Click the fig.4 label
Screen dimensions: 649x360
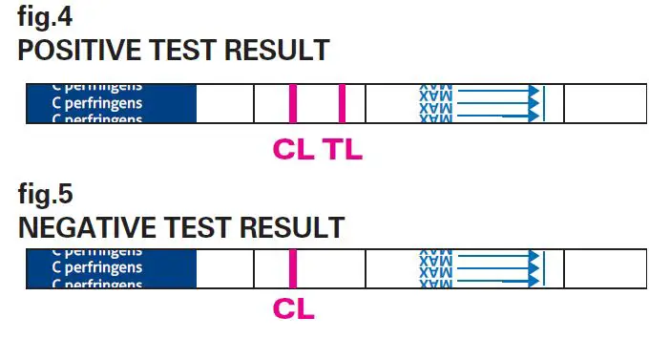[x=44, y=17]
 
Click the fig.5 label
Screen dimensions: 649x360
[x=45, y=195]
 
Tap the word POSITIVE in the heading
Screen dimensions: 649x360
[x=73, y=50]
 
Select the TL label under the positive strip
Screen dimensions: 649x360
[x=342, y=150]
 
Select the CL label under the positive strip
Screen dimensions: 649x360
[x=293, y=150]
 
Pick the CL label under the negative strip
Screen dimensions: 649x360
[x=293, y=309]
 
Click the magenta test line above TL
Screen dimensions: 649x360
[x=342, y=103]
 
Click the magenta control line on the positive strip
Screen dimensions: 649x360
[x=293, y=103]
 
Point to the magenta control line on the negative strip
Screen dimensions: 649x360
[x=293, y=268]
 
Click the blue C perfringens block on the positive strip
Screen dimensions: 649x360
[x=111, y=103]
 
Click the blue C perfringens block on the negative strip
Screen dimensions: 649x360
[x=111, y=268]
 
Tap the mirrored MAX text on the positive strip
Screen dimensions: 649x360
[x=435, y=103]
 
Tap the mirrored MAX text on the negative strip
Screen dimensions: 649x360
[x=435, y=268]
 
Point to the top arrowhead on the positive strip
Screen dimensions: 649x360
[x=534, y=92]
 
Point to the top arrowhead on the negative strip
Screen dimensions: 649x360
[x=534, y=257]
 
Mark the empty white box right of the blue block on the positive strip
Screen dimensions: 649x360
[x=225, y=103]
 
